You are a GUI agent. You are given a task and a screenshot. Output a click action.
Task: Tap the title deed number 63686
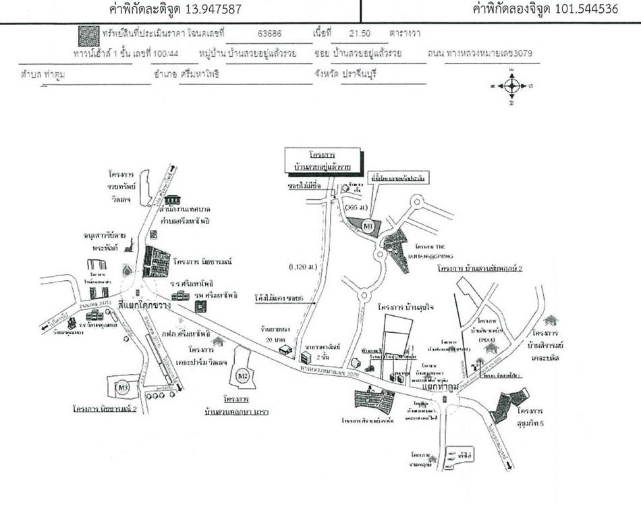(x=270, y=32)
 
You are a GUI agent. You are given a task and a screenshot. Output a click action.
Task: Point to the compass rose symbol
(x=512, y=86)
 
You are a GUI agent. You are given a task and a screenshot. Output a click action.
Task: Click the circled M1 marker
(x=368, y=225)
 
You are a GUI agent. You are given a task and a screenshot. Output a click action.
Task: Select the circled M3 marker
(x=122, y=387)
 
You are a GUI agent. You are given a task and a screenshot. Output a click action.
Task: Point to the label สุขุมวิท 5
(x=531, y=416)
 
